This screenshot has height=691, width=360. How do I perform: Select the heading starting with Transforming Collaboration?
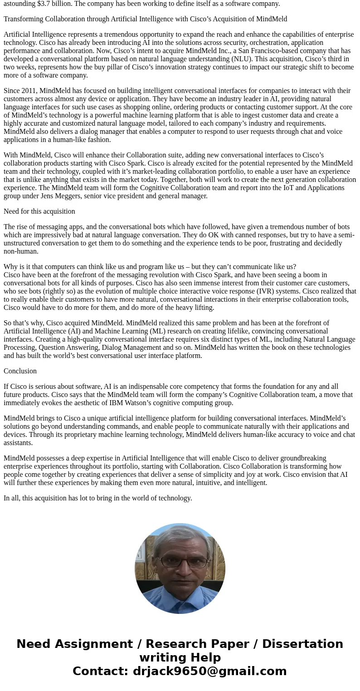145,19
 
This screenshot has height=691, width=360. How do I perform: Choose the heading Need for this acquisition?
39,211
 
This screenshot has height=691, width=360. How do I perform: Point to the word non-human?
21,251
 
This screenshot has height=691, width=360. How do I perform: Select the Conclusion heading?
20,371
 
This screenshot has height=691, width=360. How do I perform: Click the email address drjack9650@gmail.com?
209,671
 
